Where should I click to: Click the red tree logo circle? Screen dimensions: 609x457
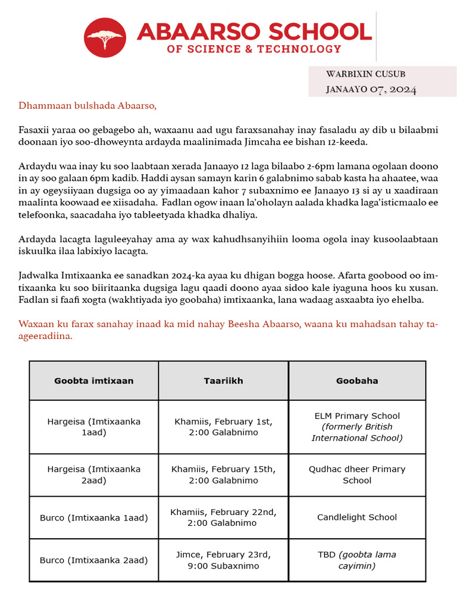coord(105,37)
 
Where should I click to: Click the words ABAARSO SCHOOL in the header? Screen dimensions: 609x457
coord(254,31)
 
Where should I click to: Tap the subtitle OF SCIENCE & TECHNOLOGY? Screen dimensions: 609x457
coord(254,49)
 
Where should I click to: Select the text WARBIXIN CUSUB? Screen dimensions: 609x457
coord(366,74)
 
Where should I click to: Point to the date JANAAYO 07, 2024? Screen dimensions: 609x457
coord(371,89)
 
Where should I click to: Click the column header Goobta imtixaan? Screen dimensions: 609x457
coord(94,381)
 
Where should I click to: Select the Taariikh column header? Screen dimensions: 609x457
coord(223,381)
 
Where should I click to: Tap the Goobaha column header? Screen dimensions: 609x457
coord(357,381)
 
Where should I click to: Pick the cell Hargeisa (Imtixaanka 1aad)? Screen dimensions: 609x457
coord(94,427)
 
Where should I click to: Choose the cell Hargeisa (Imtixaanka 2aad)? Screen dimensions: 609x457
coord(94,475)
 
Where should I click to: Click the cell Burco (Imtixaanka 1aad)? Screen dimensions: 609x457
coord(94,517)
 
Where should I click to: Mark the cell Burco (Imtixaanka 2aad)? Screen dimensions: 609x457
coord(94,560)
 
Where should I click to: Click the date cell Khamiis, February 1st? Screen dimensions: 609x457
coord(223,427)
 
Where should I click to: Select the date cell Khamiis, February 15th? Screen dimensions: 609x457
coord(223,475)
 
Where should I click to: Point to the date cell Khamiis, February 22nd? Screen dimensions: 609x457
coord(223,517)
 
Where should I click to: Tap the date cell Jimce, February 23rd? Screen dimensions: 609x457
coord(223,560)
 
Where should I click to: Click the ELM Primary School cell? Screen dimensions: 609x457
coord(357,427)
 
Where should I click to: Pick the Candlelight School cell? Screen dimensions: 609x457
coord(357,517)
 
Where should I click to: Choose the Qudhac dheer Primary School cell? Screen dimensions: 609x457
coord(357,475)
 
